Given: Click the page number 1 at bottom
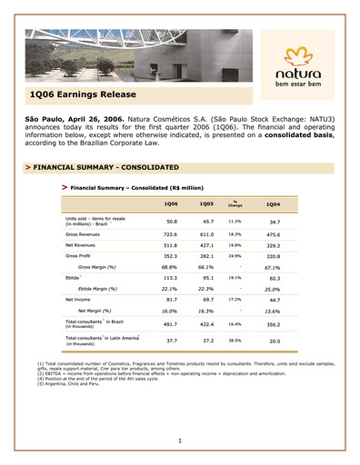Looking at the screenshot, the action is point(180,440).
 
